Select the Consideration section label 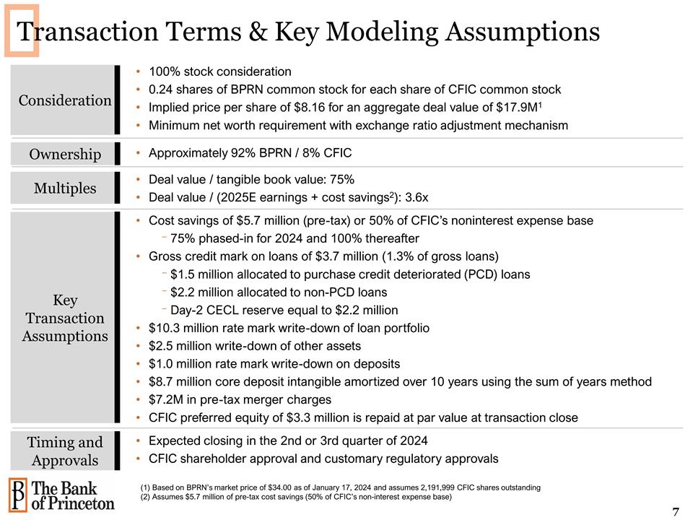tap(65, 100)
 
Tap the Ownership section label tap(65, 154)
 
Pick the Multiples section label tap(65, 188)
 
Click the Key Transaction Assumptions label tap(65, 318)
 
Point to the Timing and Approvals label tap(65, 451)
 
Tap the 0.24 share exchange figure tap(161, 90)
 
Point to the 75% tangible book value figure tap(341, 179)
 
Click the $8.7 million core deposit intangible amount tap(178, 382)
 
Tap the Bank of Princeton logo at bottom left tap(61, 494)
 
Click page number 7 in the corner tap(675, 512)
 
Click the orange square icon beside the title tap(22, 32)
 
